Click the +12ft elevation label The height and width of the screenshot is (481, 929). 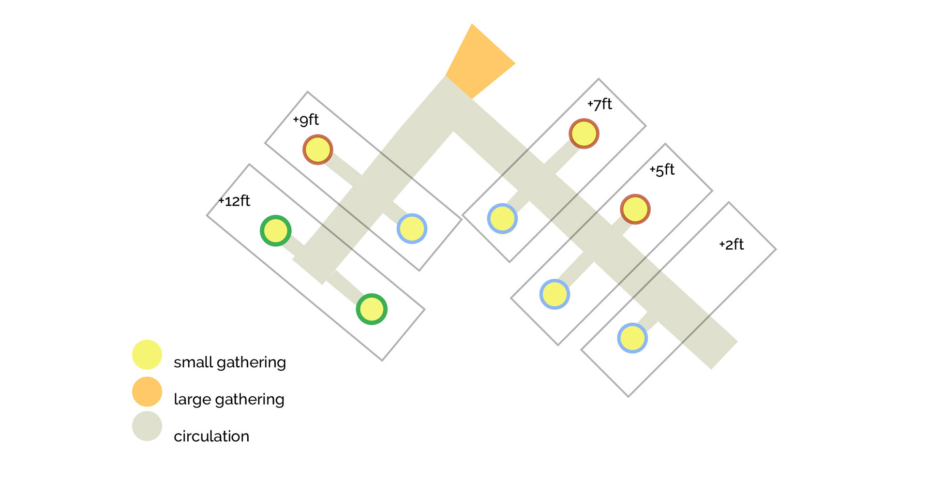235,201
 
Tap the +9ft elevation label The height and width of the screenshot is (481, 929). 306,120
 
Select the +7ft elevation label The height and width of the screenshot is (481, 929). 600,104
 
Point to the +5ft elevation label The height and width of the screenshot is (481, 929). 662,170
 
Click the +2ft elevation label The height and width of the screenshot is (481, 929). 732,244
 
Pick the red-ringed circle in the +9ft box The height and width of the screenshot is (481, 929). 318,150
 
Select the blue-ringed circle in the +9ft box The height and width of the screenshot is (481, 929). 412,228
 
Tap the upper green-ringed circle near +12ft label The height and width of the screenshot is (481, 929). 276,231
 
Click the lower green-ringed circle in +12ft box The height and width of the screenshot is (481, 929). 372,309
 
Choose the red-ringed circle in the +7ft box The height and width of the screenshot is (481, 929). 584,134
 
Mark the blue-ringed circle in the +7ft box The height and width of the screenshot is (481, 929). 502,219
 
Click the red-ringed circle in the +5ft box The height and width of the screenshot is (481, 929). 635,209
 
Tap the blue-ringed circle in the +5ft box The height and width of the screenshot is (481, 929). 554,294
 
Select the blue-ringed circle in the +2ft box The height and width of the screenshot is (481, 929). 632,338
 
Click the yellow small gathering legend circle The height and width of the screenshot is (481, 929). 147,355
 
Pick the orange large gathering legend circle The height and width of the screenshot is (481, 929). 147,391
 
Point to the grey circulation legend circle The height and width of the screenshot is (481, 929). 147,426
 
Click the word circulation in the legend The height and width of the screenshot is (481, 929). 211,436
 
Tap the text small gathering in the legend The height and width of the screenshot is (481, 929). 230,362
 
